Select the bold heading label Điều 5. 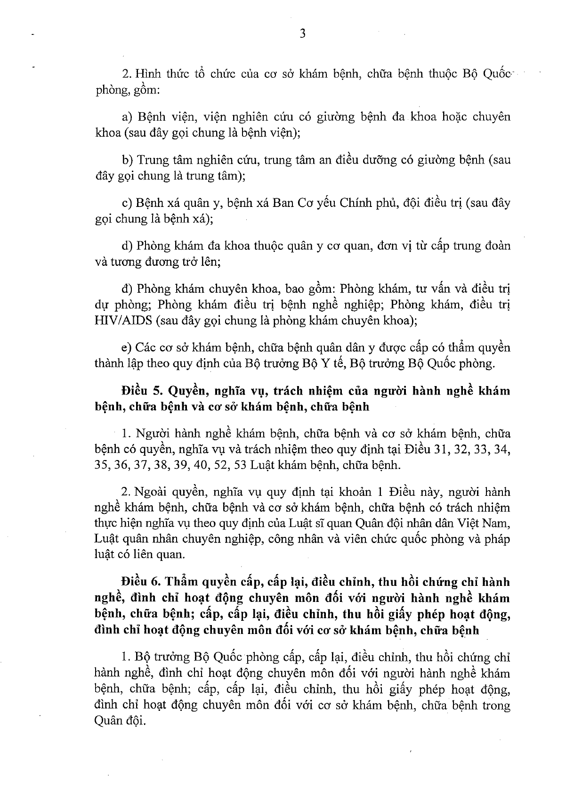(137, 391)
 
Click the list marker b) (127, 160)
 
